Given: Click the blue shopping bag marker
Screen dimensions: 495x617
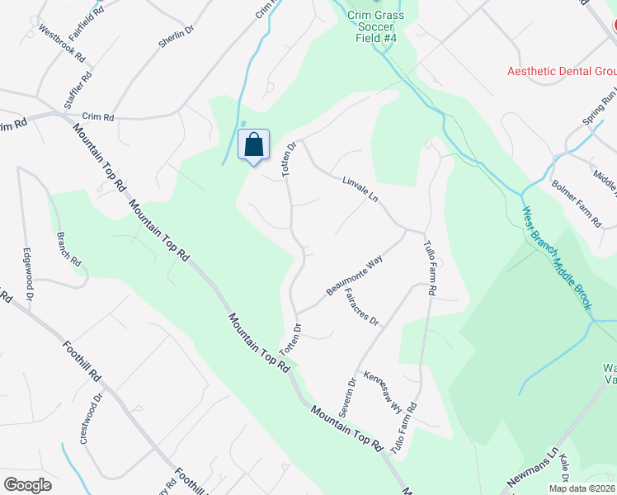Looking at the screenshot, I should click(254, 145).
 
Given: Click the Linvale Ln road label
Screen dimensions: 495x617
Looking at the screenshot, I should click(360, 191).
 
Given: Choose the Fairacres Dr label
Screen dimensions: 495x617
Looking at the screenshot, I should click(360, 308).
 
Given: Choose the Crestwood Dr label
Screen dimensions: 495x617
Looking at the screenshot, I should click(91, 419).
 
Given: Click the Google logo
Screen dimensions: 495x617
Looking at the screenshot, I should click(27, 485).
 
